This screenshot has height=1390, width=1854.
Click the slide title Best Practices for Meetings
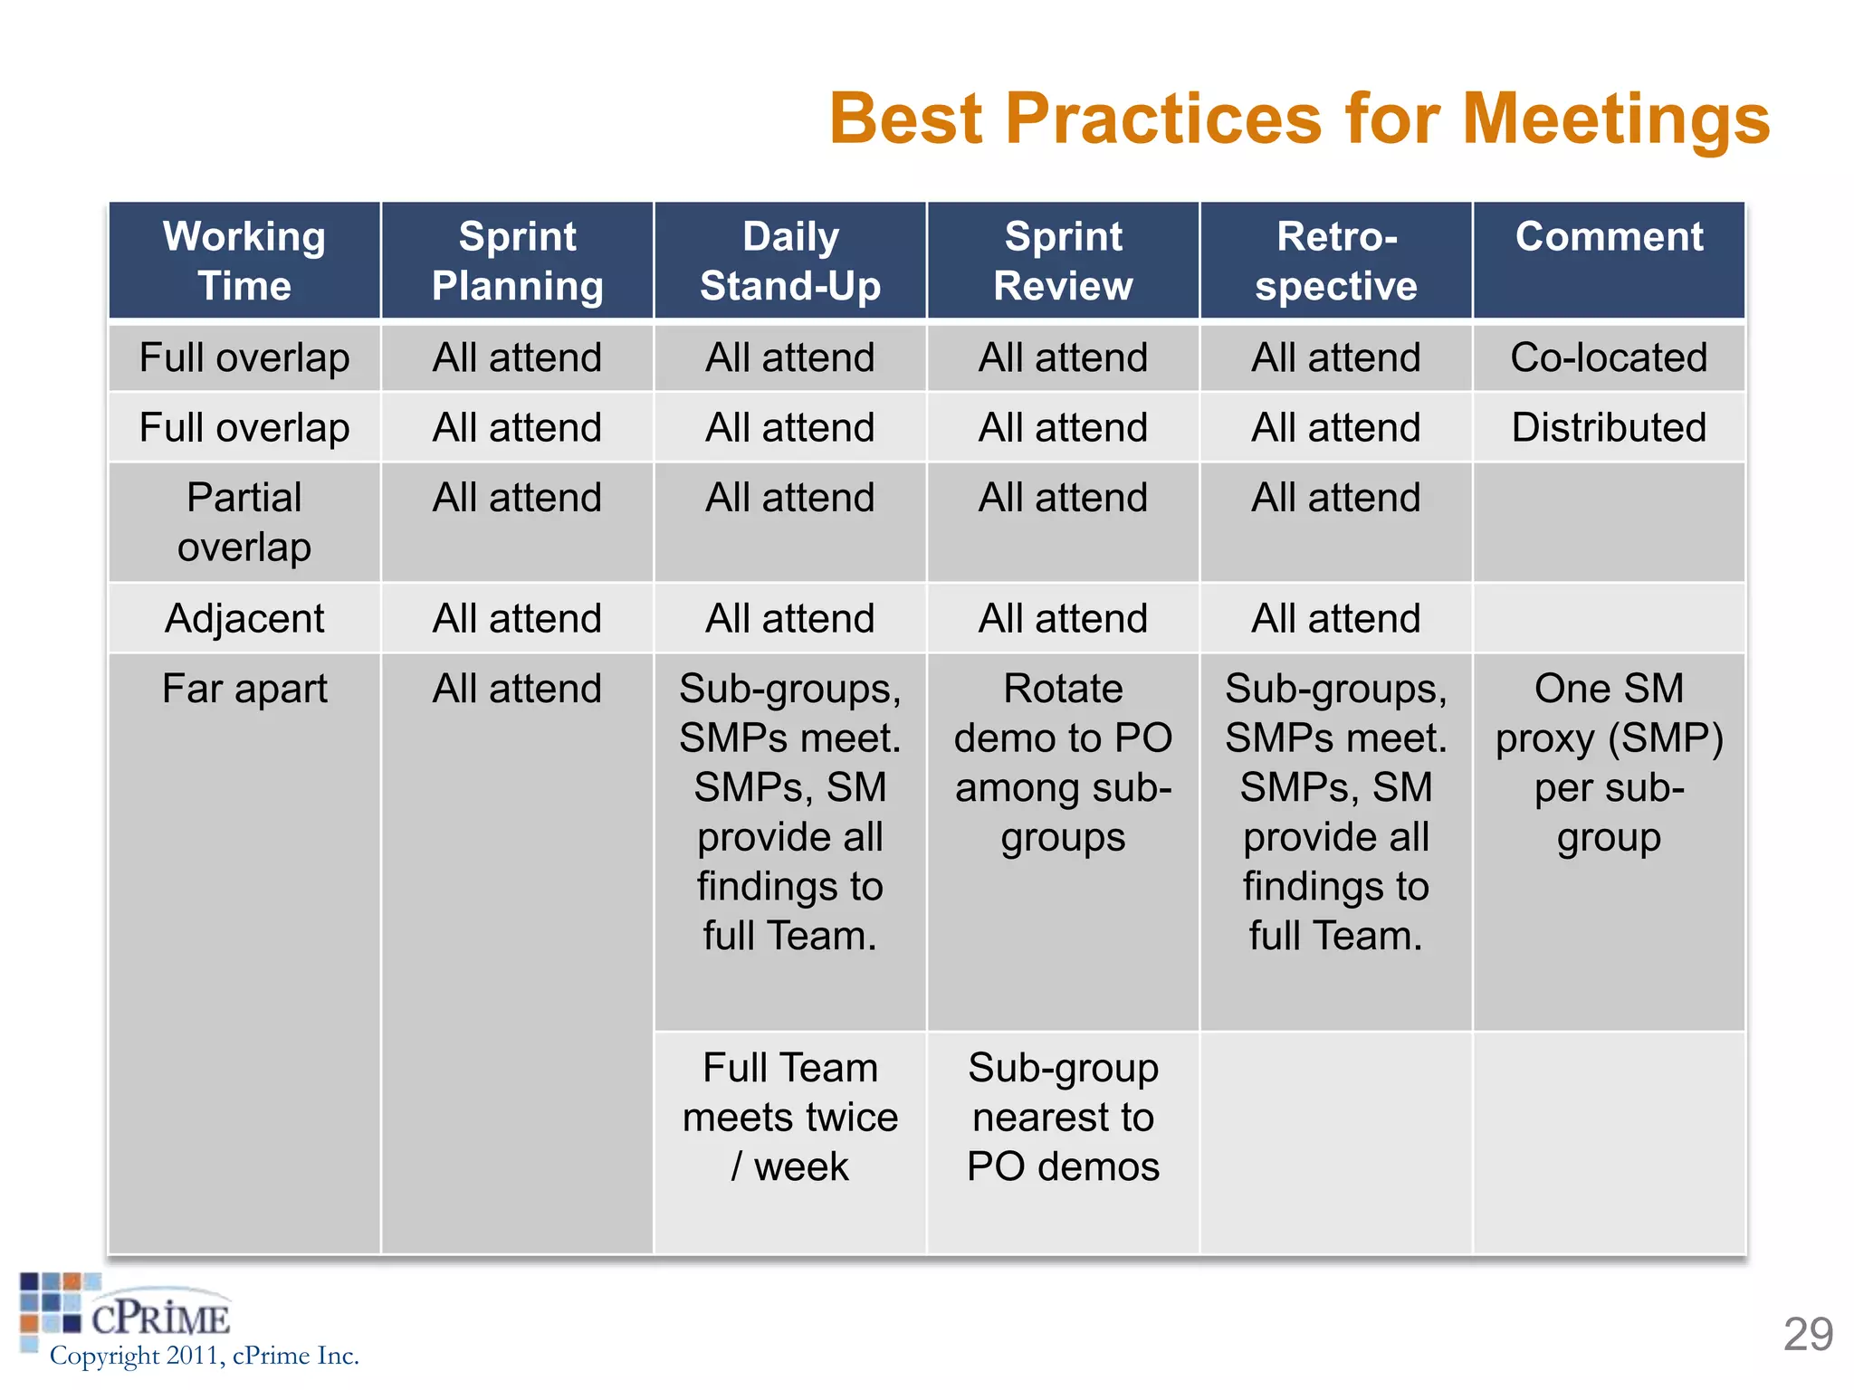(1298, 119)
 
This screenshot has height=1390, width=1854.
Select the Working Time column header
(244, 261)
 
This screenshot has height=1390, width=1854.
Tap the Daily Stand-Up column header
(790, 261)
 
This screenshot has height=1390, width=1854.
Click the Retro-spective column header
(1336, 261)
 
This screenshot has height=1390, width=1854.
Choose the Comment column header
(1609, 237)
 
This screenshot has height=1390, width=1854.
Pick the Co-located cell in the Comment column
(1609, 357)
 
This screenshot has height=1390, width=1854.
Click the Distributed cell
(1609, 427)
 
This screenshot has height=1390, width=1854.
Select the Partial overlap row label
(244, 522)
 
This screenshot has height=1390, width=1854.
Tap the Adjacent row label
(244, 619)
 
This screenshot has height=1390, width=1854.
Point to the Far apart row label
(244, 689)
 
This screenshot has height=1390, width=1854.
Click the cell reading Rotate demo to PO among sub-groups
(1063, 763)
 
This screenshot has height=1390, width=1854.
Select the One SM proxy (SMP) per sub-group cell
(1609, 763)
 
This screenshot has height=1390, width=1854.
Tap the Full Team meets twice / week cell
(790, 1118)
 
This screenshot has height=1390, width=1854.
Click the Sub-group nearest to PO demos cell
(1063, 1118)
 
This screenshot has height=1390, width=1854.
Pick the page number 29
(1808, 1334)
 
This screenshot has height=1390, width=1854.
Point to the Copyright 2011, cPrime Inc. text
(205, 1356)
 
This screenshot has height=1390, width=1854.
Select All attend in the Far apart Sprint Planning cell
(517, 689)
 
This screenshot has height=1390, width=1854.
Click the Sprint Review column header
(1063, 261)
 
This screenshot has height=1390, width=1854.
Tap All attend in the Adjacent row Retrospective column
(1336, 619)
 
